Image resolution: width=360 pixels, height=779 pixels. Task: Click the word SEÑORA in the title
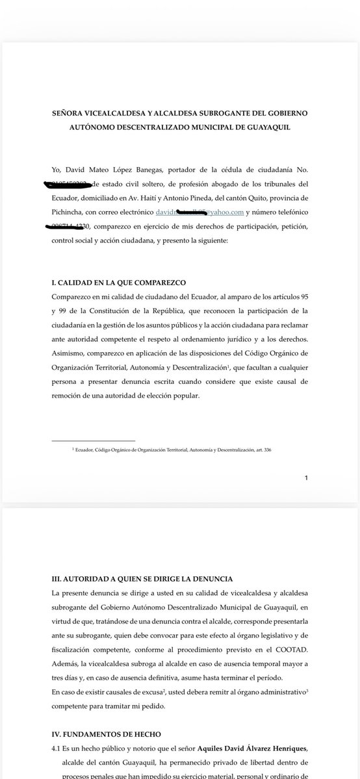69,113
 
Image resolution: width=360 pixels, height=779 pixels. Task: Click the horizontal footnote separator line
94,440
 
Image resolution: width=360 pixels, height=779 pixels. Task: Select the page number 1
305,478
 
